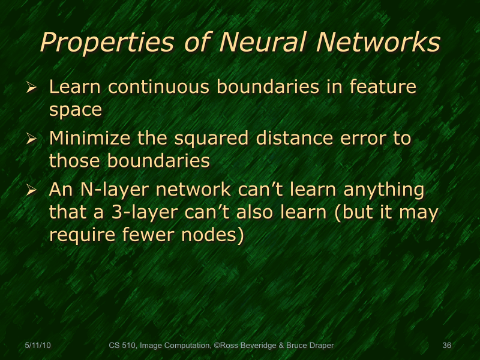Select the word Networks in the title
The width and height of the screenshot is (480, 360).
point(378,43)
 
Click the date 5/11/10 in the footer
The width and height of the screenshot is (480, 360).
point(37,346)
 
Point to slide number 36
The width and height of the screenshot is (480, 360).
point(446,346)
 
